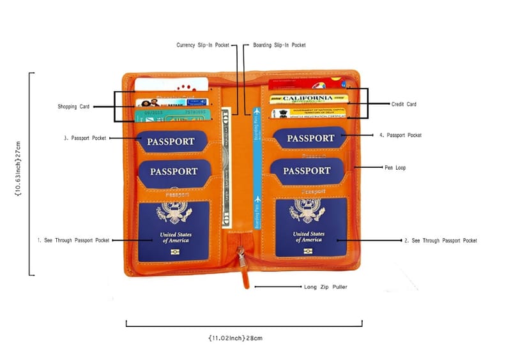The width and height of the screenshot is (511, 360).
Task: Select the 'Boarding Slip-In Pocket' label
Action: [279, 45]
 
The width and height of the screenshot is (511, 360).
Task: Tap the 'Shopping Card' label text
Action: [73, 107]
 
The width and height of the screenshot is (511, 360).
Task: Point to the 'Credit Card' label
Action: [404, 104]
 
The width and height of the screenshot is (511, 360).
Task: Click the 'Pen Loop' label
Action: [395, 168]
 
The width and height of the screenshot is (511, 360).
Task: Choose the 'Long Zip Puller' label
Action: [326, 287]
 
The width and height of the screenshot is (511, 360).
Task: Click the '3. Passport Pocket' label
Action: [84, 138]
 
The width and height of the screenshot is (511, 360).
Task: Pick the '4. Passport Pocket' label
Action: [400, 135]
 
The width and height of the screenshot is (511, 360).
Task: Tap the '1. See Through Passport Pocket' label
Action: [73, 241]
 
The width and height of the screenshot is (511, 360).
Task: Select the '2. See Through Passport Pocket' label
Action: [441, 241]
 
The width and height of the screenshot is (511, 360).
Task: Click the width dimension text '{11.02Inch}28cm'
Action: [235, 337]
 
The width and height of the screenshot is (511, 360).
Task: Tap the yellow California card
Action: [309, 99]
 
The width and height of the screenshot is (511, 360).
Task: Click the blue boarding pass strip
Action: [257, 166]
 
